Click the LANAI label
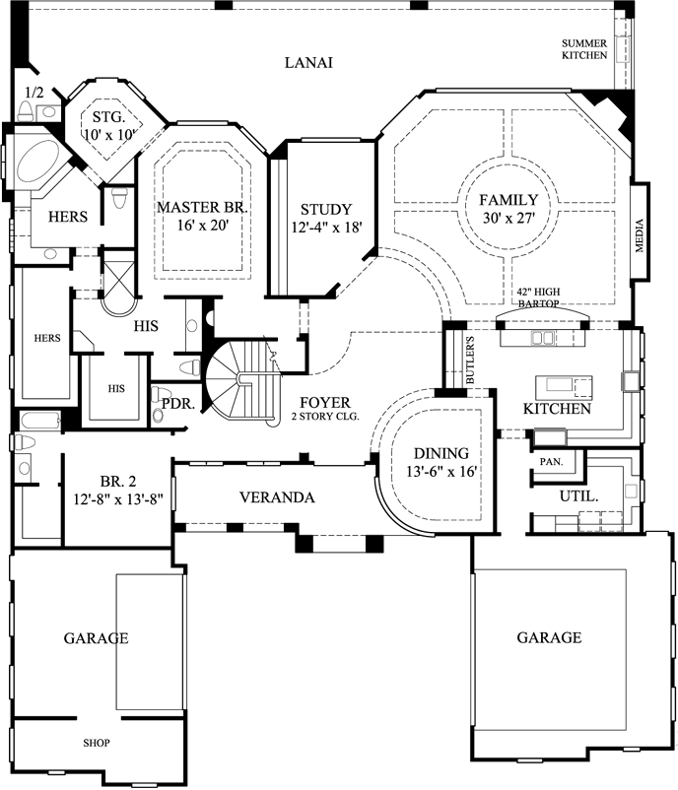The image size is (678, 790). [308, 63]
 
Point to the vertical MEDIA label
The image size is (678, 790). [640, 235]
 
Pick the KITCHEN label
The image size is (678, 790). [557, 408]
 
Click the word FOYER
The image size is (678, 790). [323, 401]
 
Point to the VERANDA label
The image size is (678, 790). [276, 497]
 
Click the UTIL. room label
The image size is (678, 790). [578, 496]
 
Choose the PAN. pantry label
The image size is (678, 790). [550, 461]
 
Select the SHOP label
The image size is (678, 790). [96, 743]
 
